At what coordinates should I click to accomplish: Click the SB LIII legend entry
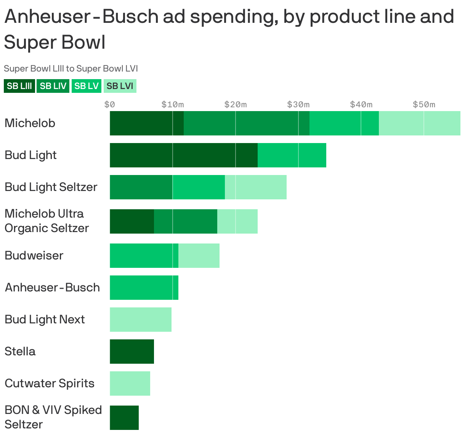click(x=19, y=86)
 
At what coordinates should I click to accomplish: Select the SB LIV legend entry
click(x=53, y=86)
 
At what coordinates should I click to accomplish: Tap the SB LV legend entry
click(x=87, y=86)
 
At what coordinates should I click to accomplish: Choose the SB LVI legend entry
click(x=120, y=86)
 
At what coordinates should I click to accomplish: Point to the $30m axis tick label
click(x=298, y=104)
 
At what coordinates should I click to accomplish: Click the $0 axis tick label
click(x=110, y=104)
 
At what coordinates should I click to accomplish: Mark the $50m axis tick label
click(x=424, y=104)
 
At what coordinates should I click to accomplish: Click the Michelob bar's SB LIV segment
click(x=247, y=123)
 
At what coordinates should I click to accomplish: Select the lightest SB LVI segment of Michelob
click(x=419, y=123)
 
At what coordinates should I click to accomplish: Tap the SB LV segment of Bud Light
click(x=292, y=155)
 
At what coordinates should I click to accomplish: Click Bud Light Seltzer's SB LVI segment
click(x=256, y=187)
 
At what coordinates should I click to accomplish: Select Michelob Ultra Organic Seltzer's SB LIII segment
click(x=132, y=221)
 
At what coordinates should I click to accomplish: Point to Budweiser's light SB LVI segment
click(x=199, y=256)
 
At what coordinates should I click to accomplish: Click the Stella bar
click(x=132, y=352)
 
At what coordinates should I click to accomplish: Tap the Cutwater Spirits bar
click(x=130, y=383)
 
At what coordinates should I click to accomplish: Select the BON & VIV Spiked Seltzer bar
click(x=124, y=418)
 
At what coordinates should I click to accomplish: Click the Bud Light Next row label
click(x=45, y=320)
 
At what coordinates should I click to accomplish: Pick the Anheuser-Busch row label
click(x=52, y=288)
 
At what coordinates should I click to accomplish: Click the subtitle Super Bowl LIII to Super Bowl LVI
click(x=71, y=68)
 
